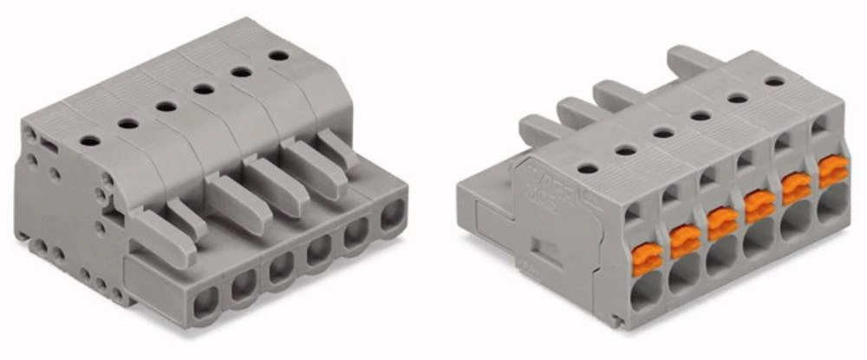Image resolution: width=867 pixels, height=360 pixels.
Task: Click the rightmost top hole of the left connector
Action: coord(278,56)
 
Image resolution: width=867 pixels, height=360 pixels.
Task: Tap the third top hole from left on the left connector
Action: coord(166,106)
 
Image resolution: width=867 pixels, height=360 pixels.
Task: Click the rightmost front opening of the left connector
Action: coord(392,213)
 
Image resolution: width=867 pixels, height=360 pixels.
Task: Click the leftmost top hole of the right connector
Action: coord(587,168)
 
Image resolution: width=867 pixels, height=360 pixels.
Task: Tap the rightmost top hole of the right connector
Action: coord(775,81)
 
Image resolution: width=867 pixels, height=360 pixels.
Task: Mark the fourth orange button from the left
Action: coord(759,205)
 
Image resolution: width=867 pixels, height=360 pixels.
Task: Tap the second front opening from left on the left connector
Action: coord(244,285)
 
